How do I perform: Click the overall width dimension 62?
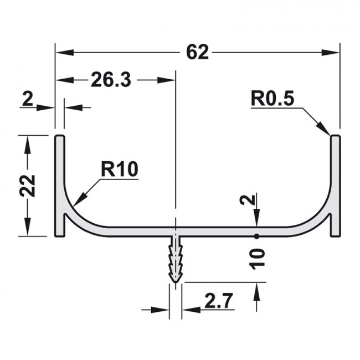198,53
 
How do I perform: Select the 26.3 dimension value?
111,80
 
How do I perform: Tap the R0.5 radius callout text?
272,99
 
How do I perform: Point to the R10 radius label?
120,169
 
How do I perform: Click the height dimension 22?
28,186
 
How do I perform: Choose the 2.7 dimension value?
219,300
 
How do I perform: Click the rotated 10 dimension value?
257,259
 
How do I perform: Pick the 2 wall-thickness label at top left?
28,99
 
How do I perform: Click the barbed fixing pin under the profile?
176,259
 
